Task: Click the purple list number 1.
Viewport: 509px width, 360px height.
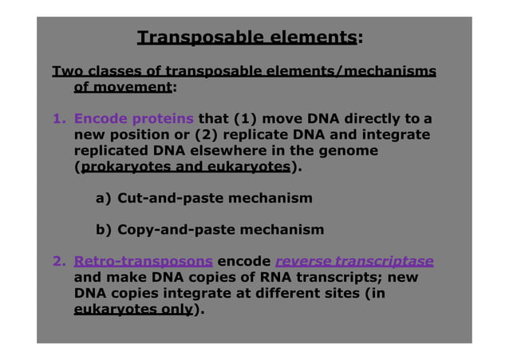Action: [x=58, y=119]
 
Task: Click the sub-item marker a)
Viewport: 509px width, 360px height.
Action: [x=104, y=197]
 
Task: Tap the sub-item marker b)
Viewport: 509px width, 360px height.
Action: [x=104, y=230]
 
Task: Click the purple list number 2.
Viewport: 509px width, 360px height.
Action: [x=58, y=261]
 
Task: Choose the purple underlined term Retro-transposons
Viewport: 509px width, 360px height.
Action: [x=143, y=261]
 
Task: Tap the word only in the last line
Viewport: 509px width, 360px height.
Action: [x=176, y=310]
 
